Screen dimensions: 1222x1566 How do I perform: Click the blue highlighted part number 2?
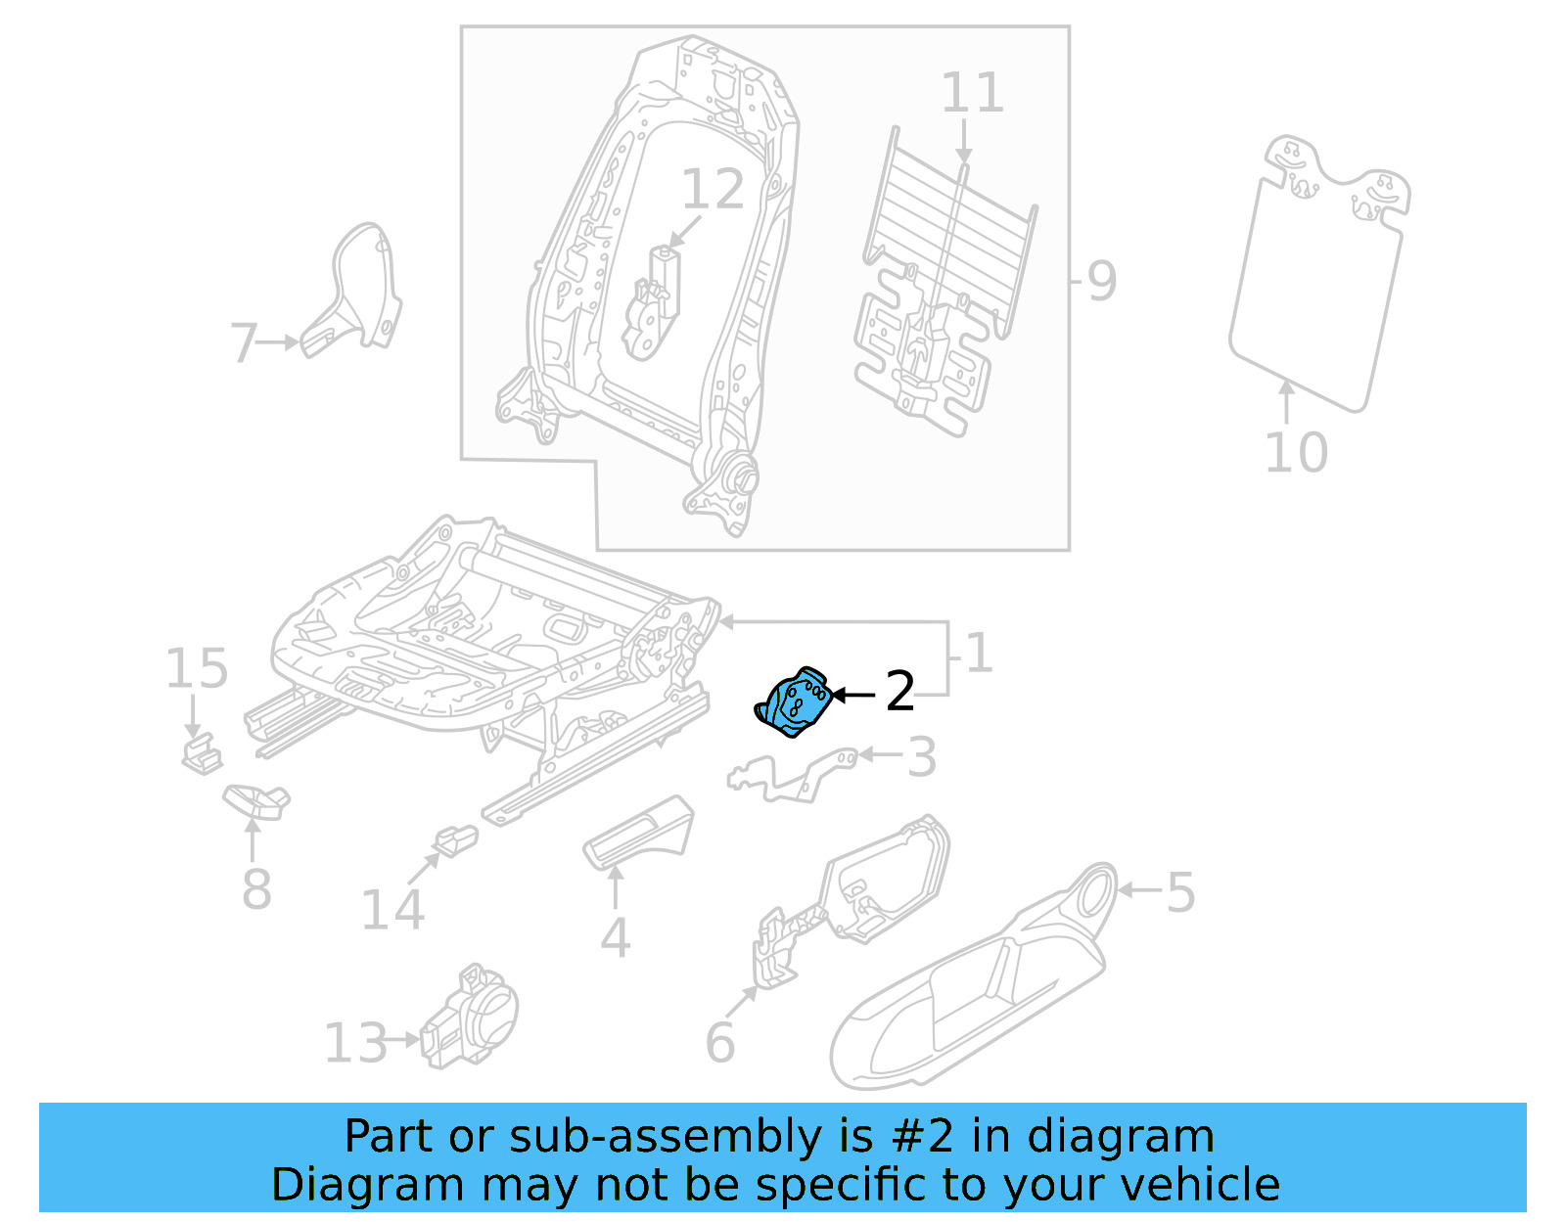[794, 702]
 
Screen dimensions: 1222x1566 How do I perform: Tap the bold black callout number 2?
[899, 692]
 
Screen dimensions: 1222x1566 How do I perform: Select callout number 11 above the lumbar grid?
[972, 94]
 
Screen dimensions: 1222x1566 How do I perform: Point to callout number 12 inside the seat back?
[713, 190]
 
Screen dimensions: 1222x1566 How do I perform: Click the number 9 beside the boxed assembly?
[1101, 282]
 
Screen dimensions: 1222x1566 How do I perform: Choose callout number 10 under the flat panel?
[1295, 453]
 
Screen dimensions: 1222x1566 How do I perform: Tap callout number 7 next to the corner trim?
[244, 343]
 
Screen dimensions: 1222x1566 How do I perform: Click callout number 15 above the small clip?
[196, 669]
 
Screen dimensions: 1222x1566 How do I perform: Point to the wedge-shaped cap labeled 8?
[256, 800]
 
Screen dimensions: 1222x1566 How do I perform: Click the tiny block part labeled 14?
[456, 839]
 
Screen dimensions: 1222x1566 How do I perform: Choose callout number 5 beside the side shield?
[1180, 892]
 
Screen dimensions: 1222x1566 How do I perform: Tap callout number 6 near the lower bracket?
[719, 1043]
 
